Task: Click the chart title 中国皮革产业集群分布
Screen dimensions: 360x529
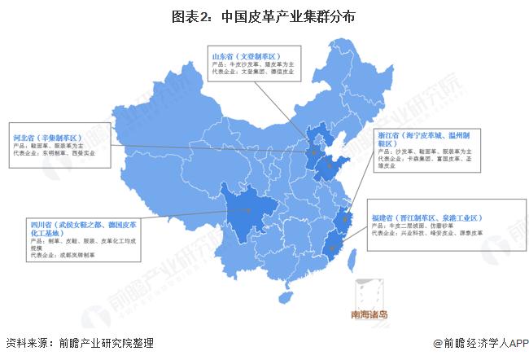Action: (264, 15)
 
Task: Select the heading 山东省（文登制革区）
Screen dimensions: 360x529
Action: (247, 56)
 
